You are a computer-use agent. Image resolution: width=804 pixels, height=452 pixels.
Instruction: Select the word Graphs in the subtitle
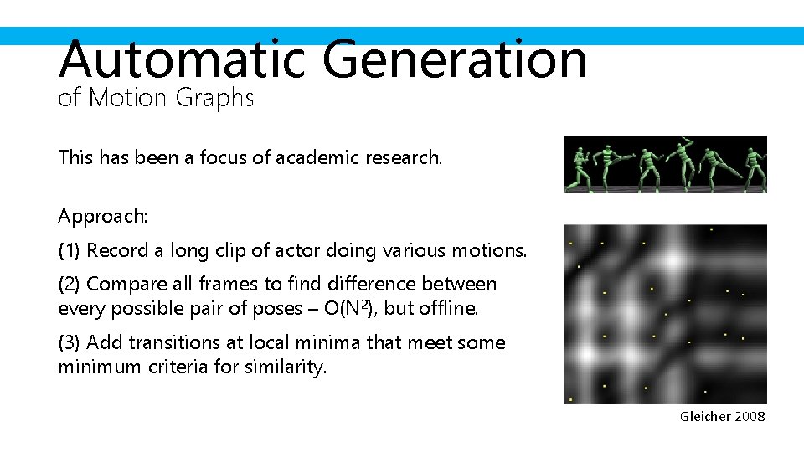pos(214,99)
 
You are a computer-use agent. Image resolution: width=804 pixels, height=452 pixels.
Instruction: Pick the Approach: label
pos(103,216)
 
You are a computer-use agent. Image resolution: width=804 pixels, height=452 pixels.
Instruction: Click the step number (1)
pos(70,250)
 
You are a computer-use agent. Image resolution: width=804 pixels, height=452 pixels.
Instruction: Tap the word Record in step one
pos(114,250)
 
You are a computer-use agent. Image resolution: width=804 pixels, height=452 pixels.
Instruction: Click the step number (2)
pos(70,285)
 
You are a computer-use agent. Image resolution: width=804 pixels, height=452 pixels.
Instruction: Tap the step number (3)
pos(70,342)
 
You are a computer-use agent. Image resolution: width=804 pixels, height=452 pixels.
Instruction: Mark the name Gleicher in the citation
pos(705,416)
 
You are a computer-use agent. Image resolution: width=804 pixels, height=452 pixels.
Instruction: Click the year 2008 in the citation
pos(750,416)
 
